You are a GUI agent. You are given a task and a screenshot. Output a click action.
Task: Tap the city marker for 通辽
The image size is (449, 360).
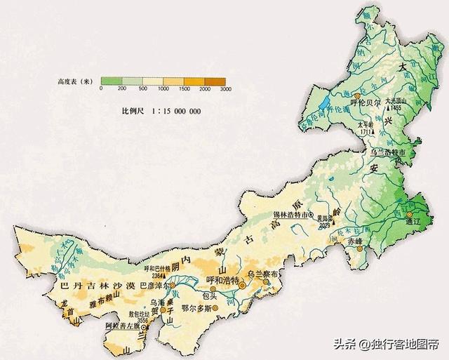tap(413, 211)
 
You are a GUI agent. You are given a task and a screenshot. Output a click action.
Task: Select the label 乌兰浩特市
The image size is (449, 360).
tap(388, 152)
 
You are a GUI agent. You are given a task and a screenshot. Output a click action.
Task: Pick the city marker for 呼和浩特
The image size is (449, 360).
tap(241, 286)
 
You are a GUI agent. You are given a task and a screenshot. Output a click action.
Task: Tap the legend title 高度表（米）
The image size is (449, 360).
tap(75, 81)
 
